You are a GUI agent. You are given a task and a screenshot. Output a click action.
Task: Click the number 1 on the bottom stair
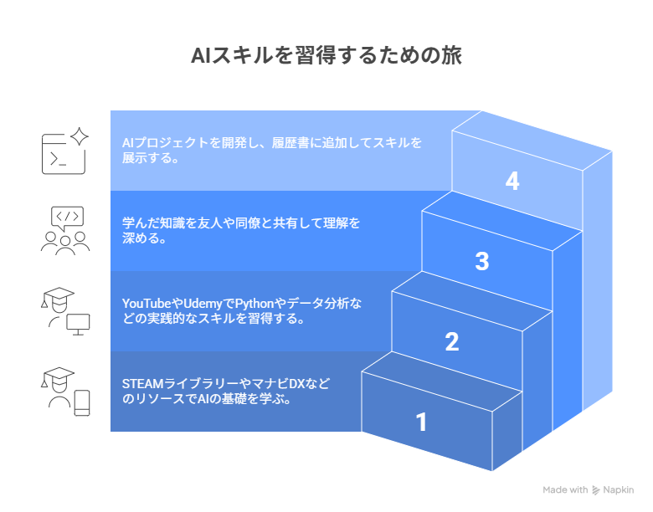tap(421, 422)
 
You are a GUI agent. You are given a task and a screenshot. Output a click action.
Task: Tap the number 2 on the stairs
tap(452, 341)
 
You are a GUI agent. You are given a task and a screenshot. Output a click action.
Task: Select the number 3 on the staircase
tap(482, 261)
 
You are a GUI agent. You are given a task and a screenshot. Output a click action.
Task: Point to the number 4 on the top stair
tap(512, 181)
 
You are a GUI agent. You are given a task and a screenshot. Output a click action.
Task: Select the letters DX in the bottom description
tap(297, 383)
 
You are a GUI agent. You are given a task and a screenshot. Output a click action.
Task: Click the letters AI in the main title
tap(202, 56)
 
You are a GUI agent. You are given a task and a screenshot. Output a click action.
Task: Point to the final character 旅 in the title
tap(451, 56)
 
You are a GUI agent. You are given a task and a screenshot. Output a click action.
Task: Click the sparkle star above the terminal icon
tap(80, 136)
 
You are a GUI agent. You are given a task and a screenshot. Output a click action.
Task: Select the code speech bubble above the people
tap(67, 218)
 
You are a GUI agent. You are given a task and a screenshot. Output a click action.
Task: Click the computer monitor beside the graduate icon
tap(79, 325)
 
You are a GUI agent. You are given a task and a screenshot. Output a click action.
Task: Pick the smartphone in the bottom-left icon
tap(82, 402)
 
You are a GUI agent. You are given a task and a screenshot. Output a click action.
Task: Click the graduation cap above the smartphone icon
tap(59, 375)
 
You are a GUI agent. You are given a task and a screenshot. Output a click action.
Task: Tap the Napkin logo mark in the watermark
tap(596, 490)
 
